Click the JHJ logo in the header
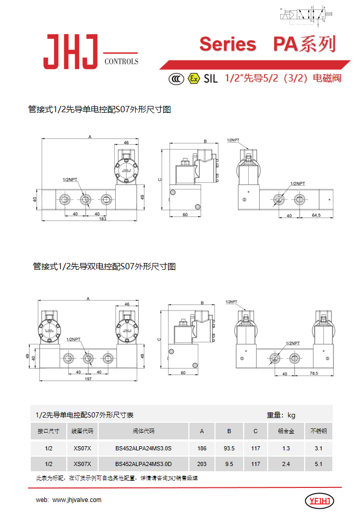[x=71, y=52]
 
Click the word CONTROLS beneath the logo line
[x=122, y=61]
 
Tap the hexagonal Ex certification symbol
[x=194, y=78]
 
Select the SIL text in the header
[x=210, y=79]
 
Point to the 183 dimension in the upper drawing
[x=102, y=219]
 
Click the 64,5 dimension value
[x=316, y=214]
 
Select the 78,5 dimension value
[x=314, y=374]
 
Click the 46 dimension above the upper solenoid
[x=126, y=142]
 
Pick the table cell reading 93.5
[x=229, y=448]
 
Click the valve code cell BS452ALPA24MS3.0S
[x=143, y=448]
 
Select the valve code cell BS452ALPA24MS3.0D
[x=143, y=464]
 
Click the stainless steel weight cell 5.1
[x=318, y=464]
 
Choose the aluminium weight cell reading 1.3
[x=286, y=448]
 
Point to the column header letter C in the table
[x=255, y=432]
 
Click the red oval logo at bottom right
[x=319, y=502]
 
